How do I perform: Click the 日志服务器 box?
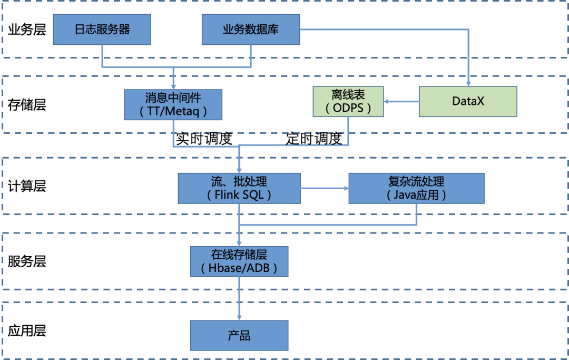click(102, 29)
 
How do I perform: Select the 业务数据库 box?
click(251, 29)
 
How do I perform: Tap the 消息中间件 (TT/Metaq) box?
click(173, 104)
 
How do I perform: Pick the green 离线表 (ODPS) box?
click(348, 101)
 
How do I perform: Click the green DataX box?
click(468, 101)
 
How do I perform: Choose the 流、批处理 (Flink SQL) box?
click(239, 188)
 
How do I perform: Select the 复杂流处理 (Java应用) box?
click(416, 188)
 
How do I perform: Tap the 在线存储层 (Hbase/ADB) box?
click(239, 262)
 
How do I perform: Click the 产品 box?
click(239, 336)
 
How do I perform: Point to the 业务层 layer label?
click(27, 30)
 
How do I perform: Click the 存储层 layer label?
click(27, 104)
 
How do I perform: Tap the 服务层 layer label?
click(27, 261)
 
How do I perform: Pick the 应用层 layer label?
click(27, 331)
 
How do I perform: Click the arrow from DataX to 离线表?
click(401, 101)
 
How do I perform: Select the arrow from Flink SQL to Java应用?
click(325, 188)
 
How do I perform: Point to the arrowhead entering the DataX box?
click(468, 83)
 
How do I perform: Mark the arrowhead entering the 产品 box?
click(239, 318)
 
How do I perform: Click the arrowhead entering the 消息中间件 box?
click(173, 86)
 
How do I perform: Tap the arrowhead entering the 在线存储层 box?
click(239, 244)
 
